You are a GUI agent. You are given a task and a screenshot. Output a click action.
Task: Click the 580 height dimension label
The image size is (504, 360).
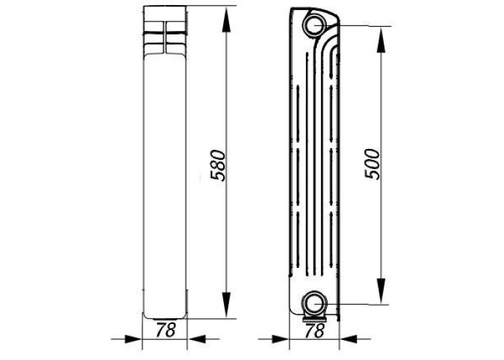point(218,165)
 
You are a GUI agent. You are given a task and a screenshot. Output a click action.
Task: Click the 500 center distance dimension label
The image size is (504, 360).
point(372,164)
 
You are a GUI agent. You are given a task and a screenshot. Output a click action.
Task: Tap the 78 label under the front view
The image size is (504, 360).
point(166,330)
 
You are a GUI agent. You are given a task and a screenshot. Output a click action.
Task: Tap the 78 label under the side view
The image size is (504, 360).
point(315,330)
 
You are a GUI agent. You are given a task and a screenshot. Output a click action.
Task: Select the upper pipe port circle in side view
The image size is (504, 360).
point(315,25)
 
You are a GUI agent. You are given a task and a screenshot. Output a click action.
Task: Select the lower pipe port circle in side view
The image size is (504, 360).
point(315,303)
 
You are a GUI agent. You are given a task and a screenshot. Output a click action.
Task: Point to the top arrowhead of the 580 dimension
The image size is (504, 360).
point(227,19)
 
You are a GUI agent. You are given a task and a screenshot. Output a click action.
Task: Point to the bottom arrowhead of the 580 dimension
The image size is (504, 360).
point(227,305)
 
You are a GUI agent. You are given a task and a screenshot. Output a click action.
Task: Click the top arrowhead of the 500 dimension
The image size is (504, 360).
point(381,40)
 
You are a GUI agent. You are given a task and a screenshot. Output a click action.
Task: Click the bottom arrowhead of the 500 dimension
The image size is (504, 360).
point(381,291)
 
